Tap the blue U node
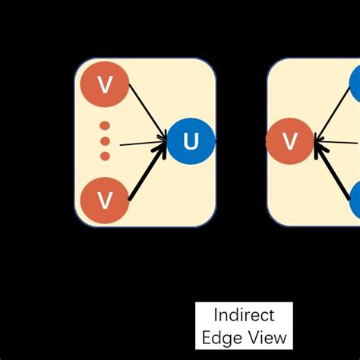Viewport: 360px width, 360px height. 189,141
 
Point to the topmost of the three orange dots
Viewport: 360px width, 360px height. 105,125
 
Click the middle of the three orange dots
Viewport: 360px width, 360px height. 105,141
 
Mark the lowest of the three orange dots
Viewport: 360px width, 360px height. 105,156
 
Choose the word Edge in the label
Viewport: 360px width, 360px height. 223,336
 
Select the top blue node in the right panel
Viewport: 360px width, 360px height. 356,84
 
